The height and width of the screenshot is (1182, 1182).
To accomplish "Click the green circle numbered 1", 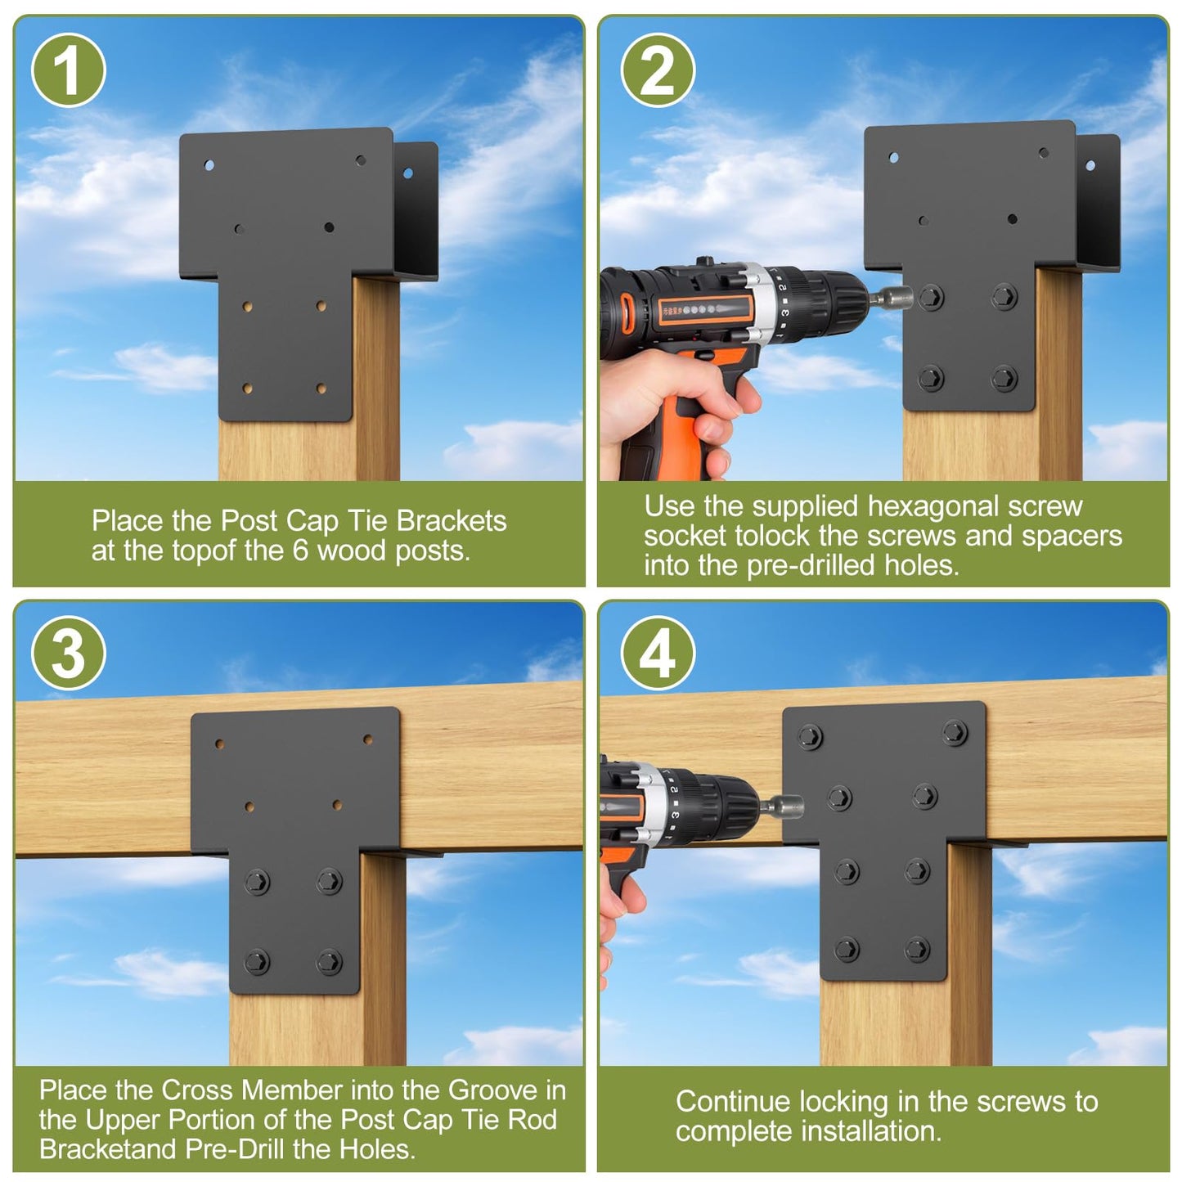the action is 68,70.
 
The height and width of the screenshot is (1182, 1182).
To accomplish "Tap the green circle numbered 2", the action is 658,70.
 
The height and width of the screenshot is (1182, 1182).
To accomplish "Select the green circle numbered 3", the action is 68,653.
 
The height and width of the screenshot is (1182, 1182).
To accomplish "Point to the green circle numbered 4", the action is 658,653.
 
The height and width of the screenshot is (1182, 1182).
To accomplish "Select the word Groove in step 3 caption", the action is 492,1090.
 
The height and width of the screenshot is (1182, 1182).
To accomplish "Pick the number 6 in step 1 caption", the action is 300,551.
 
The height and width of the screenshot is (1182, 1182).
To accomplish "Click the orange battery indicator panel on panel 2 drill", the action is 703,309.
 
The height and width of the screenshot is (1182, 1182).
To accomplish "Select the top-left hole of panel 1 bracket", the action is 209,165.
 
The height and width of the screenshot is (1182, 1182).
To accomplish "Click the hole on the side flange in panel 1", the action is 408,173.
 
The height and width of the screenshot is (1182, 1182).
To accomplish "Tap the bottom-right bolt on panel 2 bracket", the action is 1004,379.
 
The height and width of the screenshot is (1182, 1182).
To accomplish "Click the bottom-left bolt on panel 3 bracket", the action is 257,962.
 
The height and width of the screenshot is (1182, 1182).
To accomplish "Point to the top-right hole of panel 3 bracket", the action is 368,739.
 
